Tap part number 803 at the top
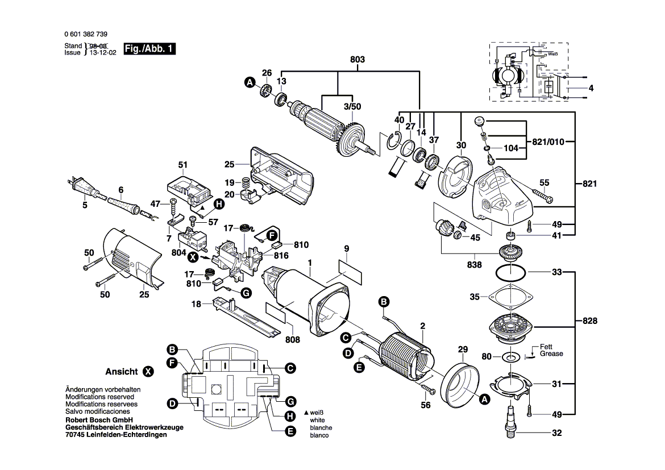point(357,60)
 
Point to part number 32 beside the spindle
point(556,434)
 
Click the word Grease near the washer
point(551,353)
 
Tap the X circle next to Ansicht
point(148,372)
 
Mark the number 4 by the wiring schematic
point(591,88)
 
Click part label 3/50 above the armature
point(352,106)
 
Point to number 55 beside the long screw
point(545,182)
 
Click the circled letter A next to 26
point(249,83)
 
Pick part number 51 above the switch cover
point(182,165)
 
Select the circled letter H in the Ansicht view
point(290,415)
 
